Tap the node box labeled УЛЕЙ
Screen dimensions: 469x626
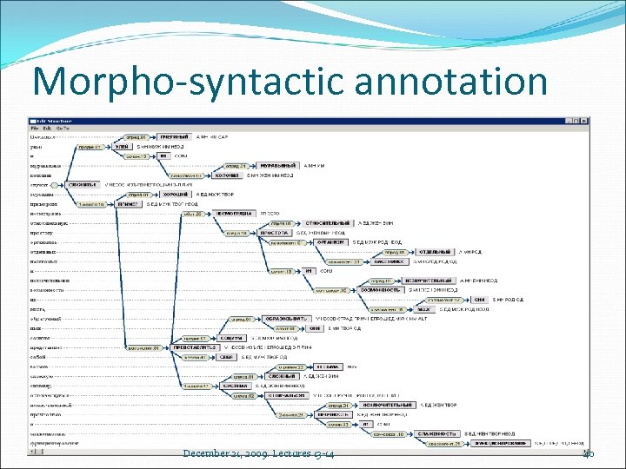pos(122,147)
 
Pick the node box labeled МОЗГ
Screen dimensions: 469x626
pos(423,308)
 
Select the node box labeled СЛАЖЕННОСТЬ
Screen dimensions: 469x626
pos(437,433)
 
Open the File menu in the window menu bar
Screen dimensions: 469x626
pos(36,128)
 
